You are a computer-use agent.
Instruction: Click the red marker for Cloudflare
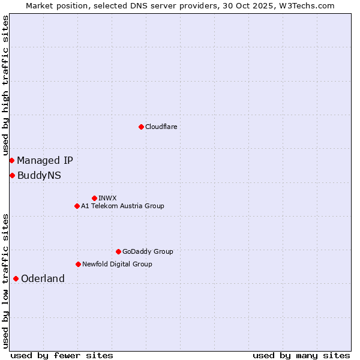[x=141, y=127]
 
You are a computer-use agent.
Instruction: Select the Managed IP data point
[x=11, y=160]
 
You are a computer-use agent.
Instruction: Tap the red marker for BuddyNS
[x=12, y=175]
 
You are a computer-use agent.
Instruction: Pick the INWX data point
[x=94, y=198]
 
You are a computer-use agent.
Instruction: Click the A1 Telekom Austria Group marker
[x=77, y=206]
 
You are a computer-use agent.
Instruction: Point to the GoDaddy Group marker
[x=118, y=251]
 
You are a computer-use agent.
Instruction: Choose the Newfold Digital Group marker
[x=78, y=264]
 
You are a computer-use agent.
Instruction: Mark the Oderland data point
[x=16, y=278]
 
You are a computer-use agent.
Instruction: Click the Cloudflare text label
[x=161, y=127]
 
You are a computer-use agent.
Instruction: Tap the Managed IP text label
[x=45, y=160]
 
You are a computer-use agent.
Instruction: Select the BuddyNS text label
[x=39, y=175]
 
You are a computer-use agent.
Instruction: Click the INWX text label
[x=107, y=198]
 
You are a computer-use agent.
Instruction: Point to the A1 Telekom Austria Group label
[x=122, y=206]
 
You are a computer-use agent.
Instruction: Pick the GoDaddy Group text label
[x=148, y=251]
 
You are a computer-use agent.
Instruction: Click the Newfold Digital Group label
[x=117, y=264]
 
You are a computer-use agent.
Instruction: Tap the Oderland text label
[x=43, y=278]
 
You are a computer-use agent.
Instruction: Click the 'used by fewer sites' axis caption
[x=62, y=355]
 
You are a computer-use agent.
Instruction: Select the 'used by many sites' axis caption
[x=301, y=355]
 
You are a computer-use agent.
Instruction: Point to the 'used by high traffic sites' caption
[x=5, y=86]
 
